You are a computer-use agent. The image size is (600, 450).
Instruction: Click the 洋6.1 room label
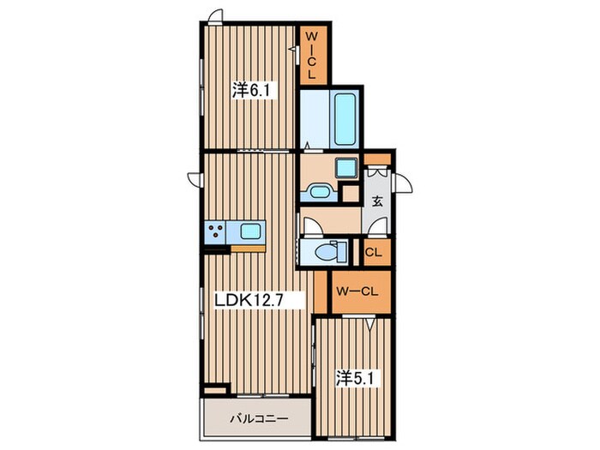(251, 90)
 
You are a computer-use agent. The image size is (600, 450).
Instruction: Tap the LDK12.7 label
(249, 300)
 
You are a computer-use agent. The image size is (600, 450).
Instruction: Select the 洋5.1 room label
(355, 379)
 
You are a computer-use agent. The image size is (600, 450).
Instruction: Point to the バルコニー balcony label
(259, 418)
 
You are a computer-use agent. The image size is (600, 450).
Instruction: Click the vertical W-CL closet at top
(312, 56)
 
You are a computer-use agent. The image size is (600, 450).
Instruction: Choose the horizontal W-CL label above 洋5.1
(357, 291)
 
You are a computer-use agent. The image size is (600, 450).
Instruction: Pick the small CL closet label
(373, 252)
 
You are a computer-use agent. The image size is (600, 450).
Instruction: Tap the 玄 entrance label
(378, 201)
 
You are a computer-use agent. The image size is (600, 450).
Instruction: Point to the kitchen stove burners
(215, 231)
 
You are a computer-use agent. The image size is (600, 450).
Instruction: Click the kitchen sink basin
(250, 231)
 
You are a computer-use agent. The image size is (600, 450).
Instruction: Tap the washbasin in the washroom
(320, 191)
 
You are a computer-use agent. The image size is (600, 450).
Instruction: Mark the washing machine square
(346, 168)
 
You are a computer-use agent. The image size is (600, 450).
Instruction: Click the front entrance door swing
(402, 183)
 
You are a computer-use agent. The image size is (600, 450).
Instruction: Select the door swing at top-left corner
(215, 17)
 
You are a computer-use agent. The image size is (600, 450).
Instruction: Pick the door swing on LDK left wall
(195, 180)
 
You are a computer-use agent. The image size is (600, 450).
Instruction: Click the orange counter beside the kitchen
(248, 249)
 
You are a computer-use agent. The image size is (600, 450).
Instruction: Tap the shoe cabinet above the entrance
(377, 159)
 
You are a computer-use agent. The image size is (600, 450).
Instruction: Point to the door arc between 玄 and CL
(379, 226)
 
